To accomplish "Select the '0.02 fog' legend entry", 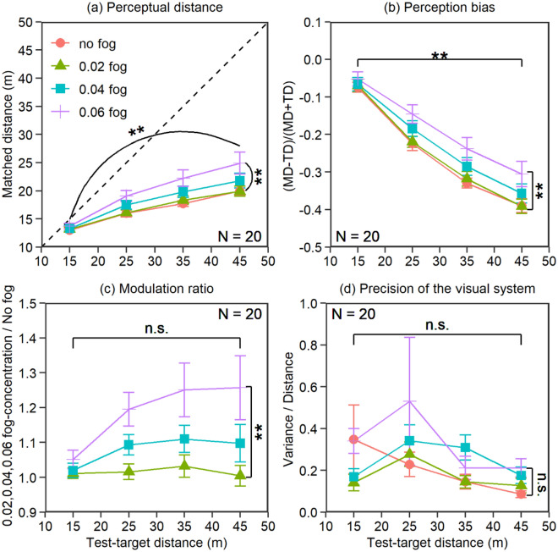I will click(92, 64).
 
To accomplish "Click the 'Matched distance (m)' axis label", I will click(10, 135).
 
